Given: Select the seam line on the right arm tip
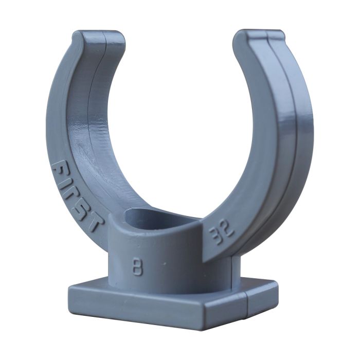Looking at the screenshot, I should pyautogui.click(x=267, y=37).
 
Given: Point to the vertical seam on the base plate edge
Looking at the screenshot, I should pyautogui.click(x=248, y=303).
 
